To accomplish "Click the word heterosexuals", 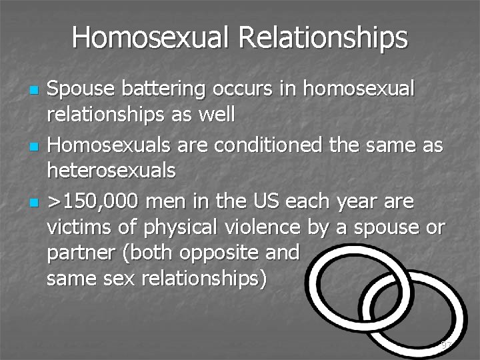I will point(111,171).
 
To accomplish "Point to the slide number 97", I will point(447,345).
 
